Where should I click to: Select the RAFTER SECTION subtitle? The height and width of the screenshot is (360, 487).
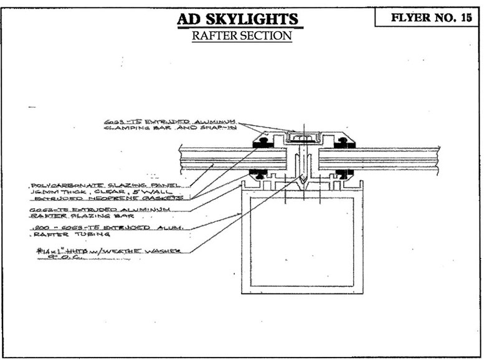coord(241,36)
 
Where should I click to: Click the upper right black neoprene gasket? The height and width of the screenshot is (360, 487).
coord(340,143)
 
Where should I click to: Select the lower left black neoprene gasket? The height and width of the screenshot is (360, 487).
coord(258,172)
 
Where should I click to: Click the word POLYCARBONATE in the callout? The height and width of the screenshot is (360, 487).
coord(60,186)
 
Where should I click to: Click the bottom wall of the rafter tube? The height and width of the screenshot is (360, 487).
coord(302,290)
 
